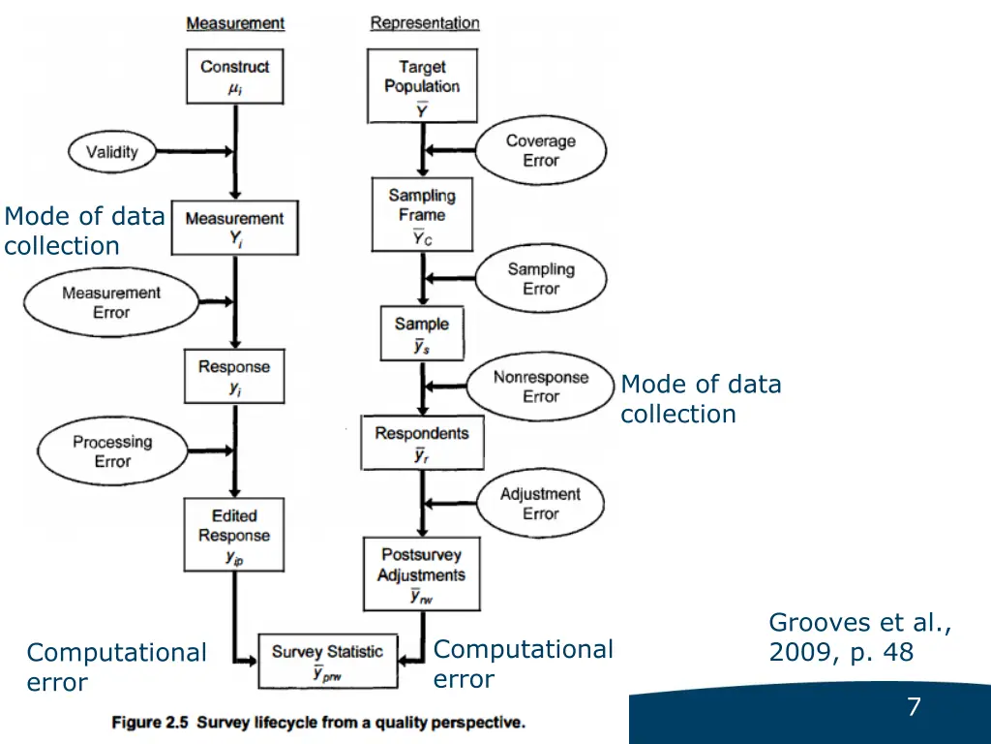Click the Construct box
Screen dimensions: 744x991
tap(235, 77)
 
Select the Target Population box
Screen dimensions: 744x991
tap(422, 86)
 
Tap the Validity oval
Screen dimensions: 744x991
tap(112, 151)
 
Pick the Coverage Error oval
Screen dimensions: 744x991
tap(541, 150)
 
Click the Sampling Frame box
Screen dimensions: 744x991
tap(422, 215)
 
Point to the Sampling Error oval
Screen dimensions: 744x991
tap(541, 278)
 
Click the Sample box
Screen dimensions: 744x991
tap(422, 333)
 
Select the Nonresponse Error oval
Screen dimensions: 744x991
tap(541, 387)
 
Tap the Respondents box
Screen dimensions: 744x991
tap(422, 443)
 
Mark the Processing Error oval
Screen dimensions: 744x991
tap(112, 451)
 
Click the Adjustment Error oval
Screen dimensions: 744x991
tap(540, 503)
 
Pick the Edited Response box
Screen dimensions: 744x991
tap(234, 534)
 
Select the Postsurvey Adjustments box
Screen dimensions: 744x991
tap(421, 574)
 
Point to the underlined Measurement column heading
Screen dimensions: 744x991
tap(235, 22)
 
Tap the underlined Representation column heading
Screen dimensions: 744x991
tap(425, 22)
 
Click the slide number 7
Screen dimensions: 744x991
tap(913, 708)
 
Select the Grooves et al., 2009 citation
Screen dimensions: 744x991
tap(859, 637)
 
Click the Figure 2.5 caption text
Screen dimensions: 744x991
tap(318, 722)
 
